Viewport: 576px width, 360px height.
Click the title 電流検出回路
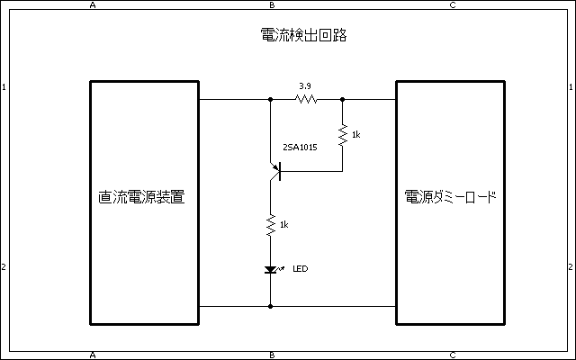pos(303,37)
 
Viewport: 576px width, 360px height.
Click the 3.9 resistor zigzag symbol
pos(307,99)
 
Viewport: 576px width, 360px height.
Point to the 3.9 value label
pos(305,86)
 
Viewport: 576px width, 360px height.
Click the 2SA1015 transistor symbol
pos(275,170)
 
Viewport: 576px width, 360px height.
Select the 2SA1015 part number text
pos(300,146)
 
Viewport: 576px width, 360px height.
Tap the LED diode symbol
pos(271,269)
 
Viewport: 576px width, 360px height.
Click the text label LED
pos(301,268)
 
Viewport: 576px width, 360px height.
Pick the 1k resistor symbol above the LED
pos(271,225)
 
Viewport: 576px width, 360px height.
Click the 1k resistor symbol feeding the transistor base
pos(343,135)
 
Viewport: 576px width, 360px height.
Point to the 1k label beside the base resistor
pos(356,135)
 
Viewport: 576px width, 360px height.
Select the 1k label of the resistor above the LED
pos(284,224)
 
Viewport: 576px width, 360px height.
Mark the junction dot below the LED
pos(271,306)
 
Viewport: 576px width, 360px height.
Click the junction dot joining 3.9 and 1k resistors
pos(343,99)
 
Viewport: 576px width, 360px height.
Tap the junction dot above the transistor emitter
pos(271,99)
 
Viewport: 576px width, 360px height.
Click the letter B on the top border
pos(272,4)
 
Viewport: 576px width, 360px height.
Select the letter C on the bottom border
pos(452,355)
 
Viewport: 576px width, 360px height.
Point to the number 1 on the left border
pos(4,87)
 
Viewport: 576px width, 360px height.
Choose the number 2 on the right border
pos(571,267)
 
